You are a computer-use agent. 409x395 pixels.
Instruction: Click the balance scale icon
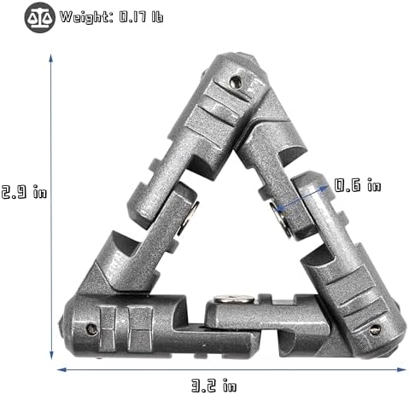39,17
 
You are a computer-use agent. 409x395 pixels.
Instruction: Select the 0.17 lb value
141,17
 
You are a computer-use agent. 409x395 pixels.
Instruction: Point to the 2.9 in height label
24,191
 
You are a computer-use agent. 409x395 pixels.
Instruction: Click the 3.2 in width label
213,385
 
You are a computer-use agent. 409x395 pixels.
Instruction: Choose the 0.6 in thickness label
358,185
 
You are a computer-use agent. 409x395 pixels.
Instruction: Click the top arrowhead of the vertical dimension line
51,58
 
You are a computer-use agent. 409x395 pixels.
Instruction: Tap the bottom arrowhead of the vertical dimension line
51,355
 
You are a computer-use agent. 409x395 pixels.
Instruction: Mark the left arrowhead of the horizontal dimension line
61,369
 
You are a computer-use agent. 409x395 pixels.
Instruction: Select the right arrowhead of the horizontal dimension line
401,369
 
